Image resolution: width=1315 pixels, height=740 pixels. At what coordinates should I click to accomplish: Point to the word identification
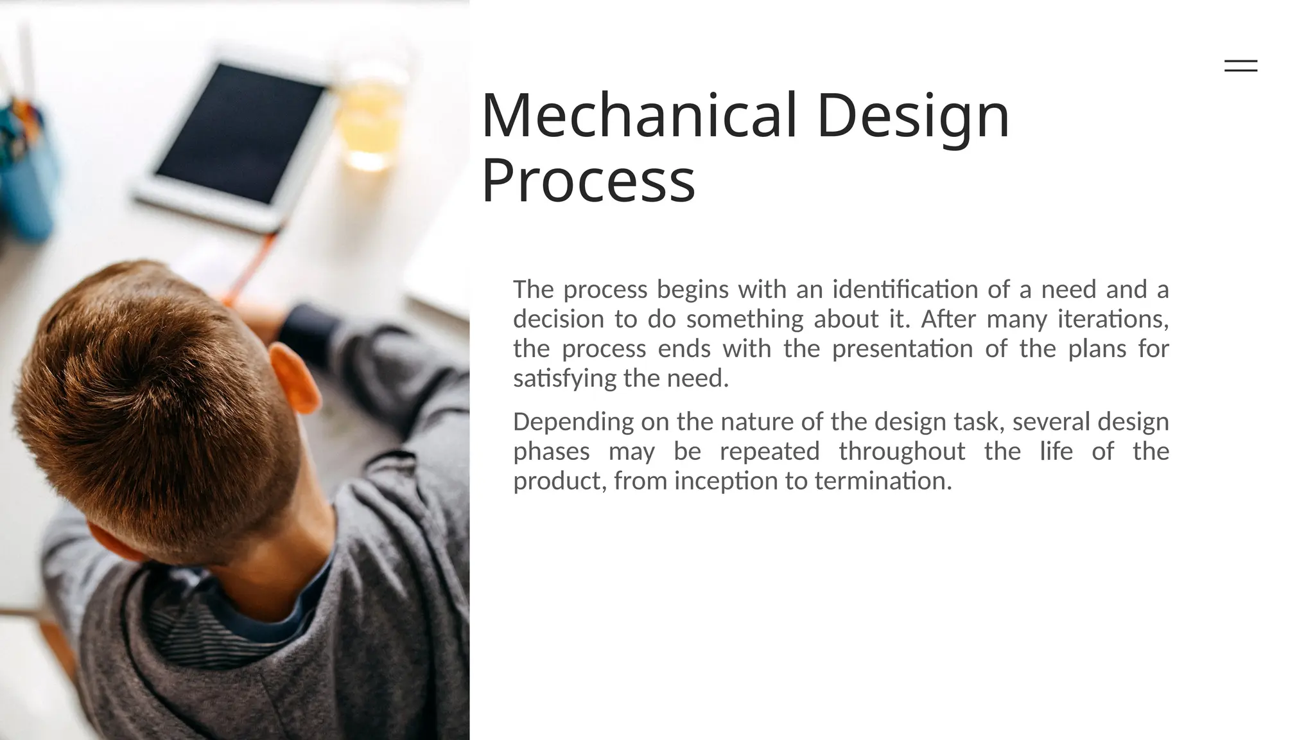[905, 290]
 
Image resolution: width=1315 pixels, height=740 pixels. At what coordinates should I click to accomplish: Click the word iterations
[1113, 319]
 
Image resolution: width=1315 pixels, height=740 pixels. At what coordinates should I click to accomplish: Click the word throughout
[901, 452]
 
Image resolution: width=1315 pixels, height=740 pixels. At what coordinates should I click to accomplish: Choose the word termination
[883, 481]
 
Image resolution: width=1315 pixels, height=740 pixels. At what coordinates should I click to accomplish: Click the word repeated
[769, 452]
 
